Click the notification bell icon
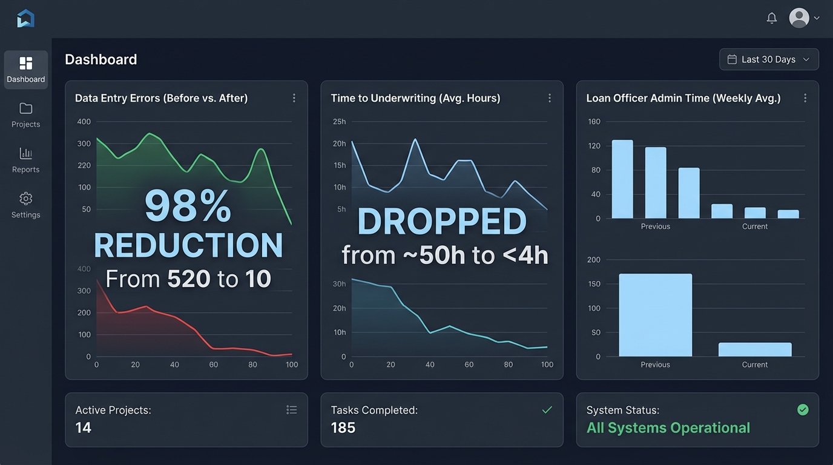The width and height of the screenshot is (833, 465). tap(771, 18)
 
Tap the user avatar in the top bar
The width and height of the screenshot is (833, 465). tap(799, 18)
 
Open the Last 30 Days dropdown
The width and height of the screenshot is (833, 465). tap(769, 59)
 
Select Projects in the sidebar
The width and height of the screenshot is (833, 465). tap(25, 115)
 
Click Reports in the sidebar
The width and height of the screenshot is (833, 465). tap(25, 160)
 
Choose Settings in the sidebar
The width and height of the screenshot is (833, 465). tap(25, 206)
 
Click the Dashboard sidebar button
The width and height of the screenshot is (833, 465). tap(25, 70)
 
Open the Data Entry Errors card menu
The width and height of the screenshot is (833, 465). tap(294, 98)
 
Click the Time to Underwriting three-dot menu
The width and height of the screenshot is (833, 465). tap(549, 98)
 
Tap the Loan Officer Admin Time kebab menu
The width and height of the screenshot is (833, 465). tap(805, 98)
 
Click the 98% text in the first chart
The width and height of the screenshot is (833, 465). tap(188, 207)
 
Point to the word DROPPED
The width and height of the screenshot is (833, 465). tap(442, 222)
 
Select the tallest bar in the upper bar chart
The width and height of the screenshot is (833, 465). tap(622, 179)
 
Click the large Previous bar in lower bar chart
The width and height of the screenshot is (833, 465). tap(655, 315)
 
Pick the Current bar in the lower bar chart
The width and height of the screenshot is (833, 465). tap(755, 349)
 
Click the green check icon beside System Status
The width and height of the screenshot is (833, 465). tap(803, 410)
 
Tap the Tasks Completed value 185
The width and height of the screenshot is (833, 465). tap(343, 427)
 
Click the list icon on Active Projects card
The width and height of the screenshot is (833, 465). tap(292, 410)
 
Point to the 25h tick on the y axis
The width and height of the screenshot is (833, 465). tap(340, 122)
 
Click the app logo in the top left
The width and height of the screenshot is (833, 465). tap(26, 18)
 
